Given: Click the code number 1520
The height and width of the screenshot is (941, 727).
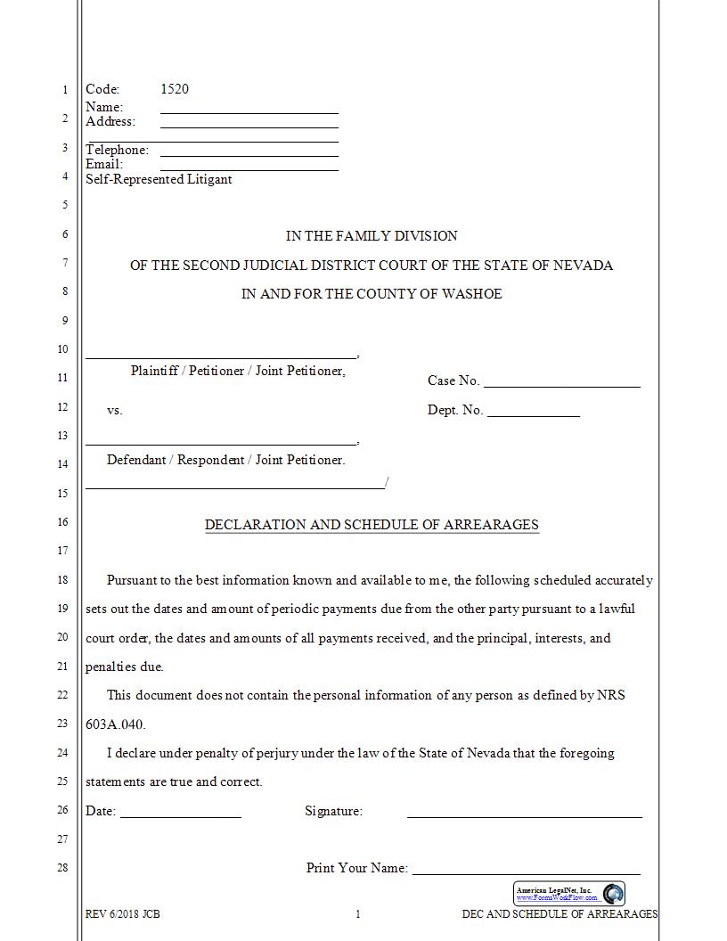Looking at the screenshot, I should tap(174, 89).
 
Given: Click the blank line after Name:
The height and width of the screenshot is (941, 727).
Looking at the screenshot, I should tap(249, 111).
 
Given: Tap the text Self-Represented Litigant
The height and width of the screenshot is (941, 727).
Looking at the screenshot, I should tap(159, 179).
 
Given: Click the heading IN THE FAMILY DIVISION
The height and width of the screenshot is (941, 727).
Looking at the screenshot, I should tap(372, 236).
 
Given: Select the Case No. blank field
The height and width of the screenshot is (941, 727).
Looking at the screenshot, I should tap(561, 385).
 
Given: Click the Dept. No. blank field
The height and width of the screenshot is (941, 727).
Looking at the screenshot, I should tap(533, 414).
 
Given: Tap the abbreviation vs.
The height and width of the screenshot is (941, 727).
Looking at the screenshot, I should tap(114, 411).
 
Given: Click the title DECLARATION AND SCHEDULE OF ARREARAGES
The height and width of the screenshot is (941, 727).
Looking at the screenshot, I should tap(372, 525).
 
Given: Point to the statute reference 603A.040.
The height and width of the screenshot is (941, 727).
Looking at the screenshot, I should tap(115, 724).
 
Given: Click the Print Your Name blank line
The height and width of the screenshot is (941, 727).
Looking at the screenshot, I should tap(526, 872).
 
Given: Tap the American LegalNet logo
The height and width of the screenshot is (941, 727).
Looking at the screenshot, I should tap(569, 894).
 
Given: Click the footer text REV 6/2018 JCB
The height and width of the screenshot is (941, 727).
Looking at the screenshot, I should tap(122, 914).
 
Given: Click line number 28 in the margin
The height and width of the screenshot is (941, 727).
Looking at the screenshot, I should tap(62, 868).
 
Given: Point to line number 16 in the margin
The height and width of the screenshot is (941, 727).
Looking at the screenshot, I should tap(62, 522).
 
